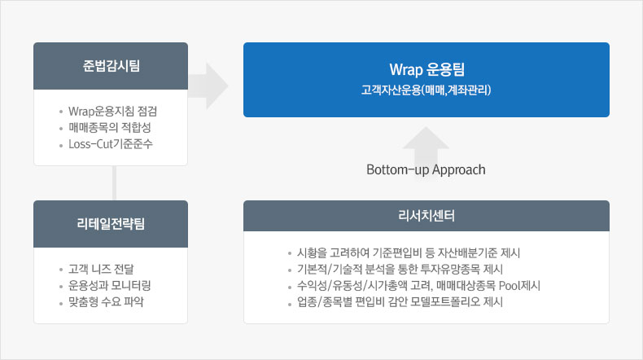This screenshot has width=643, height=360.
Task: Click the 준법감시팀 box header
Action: (111, 66)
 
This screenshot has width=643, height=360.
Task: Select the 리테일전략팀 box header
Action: (111, 224)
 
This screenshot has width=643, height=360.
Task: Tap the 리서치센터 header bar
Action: (426, 216)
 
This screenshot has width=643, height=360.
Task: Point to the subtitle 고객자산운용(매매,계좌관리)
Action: (426, 89)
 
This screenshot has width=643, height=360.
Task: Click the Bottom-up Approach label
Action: (426, 170)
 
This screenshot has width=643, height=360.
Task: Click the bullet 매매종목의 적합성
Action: (110, 128)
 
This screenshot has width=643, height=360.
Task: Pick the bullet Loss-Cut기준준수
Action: (111, 144)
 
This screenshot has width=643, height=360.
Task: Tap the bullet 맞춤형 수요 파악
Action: (107, 302)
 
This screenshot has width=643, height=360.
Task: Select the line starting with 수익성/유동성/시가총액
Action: (413, 286)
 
